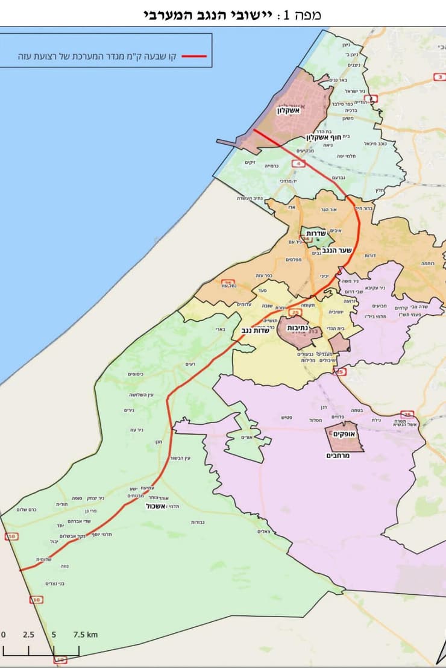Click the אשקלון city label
click(x=288, y=110)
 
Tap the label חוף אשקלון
click(x=312, y=137)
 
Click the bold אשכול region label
click(x=155, y=506)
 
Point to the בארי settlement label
click(x=219, y=330)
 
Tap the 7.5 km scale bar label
click(x=86, y=634)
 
